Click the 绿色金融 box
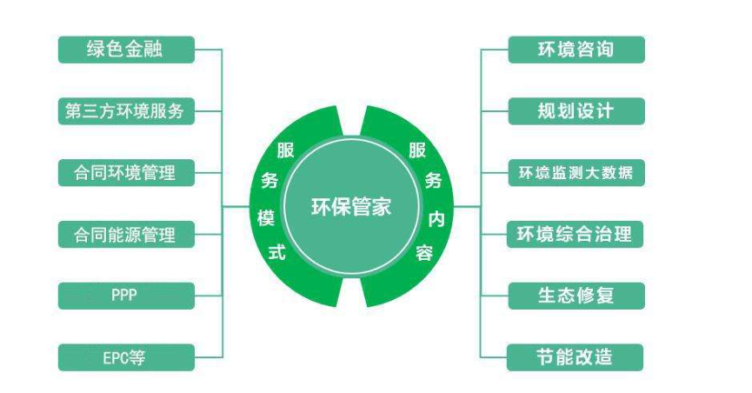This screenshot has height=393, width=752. coord(125,49)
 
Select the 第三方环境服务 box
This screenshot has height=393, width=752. coord(125,110)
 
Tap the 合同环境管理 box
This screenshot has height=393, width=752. coord(125,172)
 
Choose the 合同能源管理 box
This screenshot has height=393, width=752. coord(125,234)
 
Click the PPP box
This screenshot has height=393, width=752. coord(125,296)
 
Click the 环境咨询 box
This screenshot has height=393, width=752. coord(576,49)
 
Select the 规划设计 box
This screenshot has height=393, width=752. coord(576,110)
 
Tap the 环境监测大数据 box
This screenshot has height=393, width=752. coord(576,172)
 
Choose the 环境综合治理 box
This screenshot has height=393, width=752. coord(576,234)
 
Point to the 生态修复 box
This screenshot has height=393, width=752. coord(576,296)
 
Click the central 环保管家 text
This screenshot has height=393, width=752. coord(351,207)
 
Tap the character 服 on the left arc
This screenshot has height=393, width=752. coord(285,150)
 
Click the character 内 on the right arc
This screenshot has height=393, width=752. coord(436,218)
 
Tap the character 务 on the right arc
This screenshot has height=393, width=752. coord(433,181)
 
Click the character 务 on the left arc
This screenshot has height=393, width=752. coord(269,182)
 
